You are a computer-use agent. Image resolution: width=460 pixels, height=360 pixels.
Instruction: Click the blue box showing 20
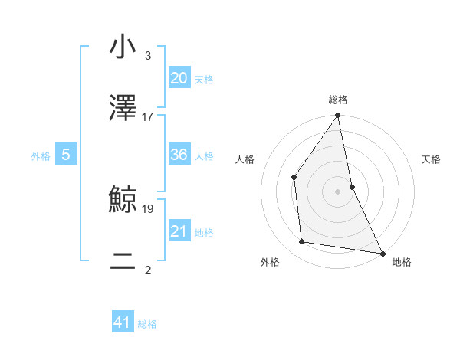179,78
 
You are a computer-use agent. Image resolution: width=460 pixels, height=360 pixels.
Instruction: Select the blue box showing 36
179,155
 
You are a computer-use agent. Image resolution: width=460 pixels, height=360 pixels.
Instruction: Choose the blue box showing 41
123,322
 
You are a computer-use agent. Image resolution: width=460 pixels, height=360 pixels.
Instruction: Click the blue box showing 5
66,155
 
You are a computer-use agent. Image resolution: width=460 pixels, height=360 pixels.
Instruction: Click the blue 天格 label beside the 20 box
204,80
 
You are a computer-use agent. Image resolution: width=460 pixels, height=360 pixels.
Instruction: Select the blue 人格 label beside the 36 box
204,156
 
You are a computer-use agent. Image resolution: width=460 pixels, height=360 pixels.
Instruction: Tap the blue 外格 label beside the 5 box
41,156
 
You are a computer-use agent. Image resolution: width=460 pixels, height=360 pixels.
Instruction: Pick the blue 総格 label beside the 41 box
147,324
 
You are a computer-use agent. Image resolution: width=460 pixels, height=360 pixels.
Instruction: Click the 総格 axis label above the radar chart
338,100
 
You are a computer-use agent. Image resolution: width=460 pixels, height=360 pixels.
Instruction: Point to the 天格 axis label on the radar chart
432,159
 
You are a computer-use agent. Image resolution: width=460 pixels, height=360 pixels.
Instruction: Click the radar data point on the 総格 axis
337,116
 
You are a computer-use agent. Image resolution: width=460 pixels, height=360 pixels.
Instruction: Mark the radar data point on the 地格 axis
382,253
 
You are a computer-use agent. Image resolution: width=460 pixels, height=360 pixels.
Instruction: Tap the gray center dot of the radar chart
337,191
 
